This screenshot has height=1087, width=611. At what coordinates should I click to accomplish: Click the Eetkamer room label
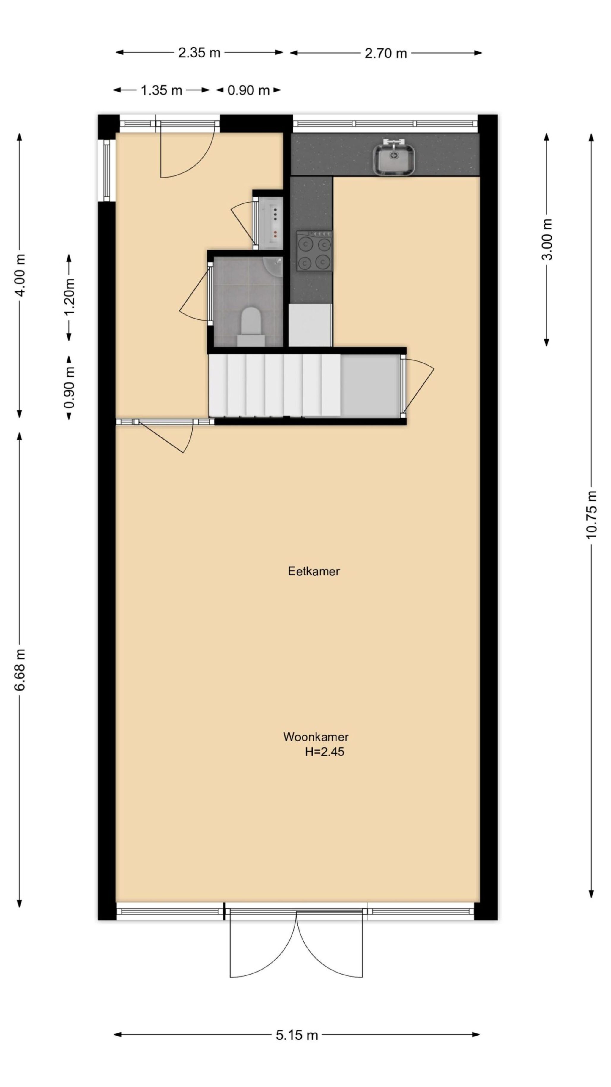click(x=314, y=571)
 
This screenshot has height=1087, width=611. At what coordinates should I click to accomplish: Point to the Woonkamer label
click(x=315, y=737)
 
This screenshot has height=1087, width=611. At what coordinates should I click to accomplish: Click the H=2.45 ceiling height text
click(x=325, y=752)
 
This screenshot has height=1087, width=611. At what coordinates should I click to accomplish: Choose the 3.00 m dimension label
click(x=547, y=239)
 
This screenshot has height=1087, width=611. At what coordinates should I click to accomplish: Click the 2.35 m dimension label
click(x=199, y=53)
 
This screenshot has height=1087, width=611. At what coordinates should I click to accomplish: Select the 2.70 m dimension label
click(x=386, y=53)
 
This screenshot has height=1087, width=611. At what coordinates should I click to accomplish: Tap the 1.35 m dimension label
click(x=161, y=90)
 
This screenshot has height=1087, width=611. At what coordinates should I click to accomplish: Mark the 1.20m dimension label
click(x=69, y=296)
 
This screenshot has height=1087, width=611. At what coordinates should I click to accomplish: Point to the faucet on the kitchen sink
click(x=393, y=143)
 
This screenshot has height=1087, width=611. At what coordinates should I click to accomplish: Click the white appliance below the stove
click(x=310, y=325)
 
